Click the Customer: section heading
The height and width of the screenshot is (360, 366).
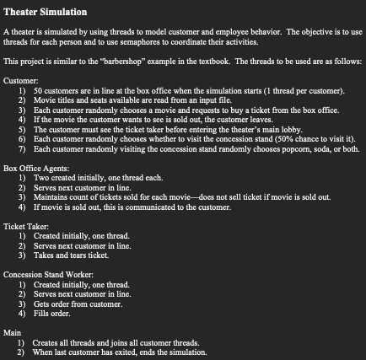tap(19, 80)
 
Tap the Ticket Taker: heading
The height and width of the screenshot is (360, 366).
tap(25, 225)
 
